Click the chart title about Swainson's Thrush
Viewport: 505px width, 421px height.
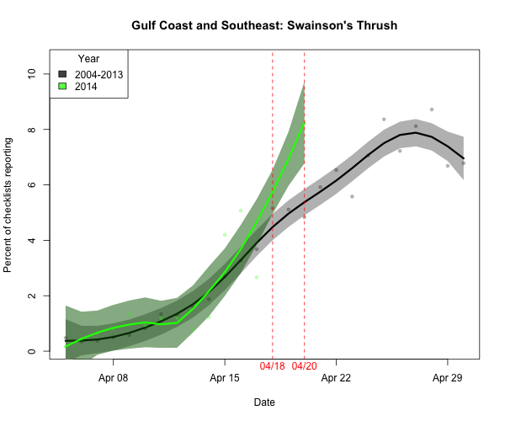click(264, 26)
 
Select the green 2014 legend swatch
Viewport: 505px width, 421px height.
click(63, 86)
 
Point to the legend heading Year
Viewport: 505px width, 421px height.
click(89, 59)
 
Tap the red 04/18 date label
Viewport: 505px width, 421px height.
click(273, 367)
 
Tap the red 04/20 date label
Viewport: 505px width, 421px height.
click(304, 367)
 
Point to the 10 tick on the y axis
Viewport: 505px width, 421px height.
click(32, 73)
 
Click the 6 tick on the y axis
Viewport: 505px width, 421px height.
click(32, 184)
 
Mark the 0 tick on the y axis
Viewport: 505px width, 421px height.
click(32, 351)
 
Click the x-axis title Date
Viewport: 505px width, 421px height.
click(264, 402)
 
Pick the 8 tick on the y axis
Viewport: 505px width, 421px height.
click(32, 129)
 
